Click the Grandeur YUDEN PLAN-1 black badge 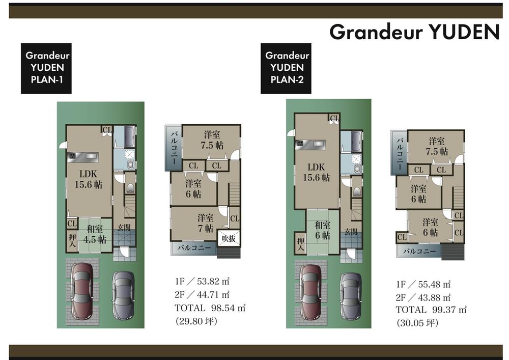pyautogui.click(x=46, y=68)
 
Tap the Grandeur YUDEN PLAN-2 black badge pyautogui.click(x=286, y=68)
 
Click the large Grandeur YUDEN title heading pyautogui.click(x=414, y=32)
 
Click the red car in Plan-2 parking pyautogui.click(x=311, y=292)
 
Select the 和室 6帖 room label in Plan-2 pyautogui.click(x=322, y=230)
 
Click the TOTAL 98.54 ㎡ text pyautogui.click(x=210, y=308)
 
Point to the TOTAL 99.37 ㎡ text pyautogui.click(x=431, y=309)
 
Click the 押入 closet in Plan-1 pyautogui.click(x=72, y=240)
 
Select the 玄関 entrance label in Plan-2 pyautogui.click(x=351, y=232)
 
